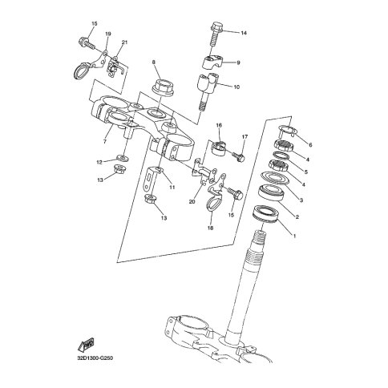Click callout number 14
click(x=244, y=33)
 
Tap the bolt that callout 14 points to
click(x=215, y=34)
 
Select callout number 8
click(x=154, y=63)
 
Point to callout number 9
click(x=238, y=63)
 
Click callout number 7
click(x=104, y=141)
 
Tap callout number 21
click(x=125, y=42)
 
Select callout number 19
click(x=108, y=34)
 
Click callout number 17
click(x=245, y=137)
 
